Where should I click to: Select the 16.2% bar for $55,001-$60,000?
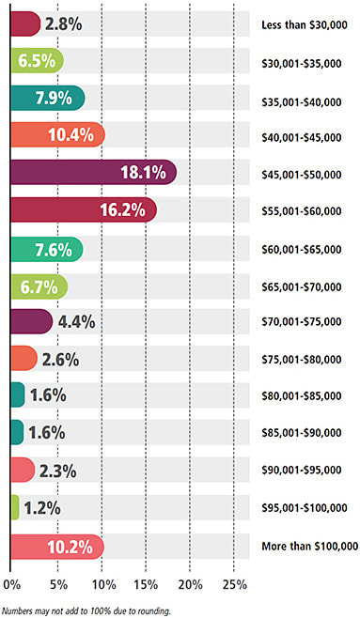[83, 209]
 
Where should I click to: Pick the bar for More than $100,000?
[55, 546]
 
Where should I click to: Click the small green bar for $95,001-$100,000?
[14, 508]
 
